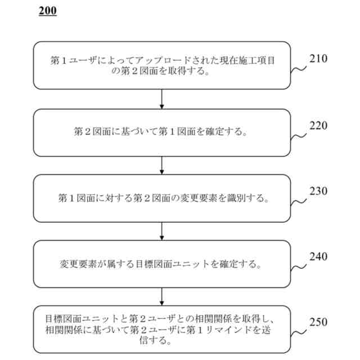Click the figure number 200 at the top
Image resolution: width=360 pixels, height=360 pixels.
click(x=48, y=11)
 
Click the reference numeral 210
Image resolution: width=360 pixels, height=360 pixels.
click(x=318, y=58)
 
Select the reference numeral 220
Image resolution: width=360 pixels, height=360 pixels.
click(x=318, y=125)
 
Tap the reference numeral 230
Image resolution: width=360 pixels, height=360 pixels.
click(x=318, y=191)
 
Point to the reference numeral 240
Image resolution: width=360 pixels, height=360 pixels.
click(x=318, y=256)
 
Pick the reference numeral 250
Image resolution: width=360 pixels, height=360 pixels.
click(x=318, y=322)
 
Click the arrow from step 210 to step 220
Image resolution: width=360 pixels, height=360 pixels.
click(x=162, y=99)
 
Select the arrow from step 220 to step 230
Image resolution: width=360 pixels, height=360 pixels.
click(x=162, y=165)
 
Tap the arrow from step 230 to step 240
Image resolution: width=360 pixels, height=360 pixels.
click(x=162, y=231)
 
